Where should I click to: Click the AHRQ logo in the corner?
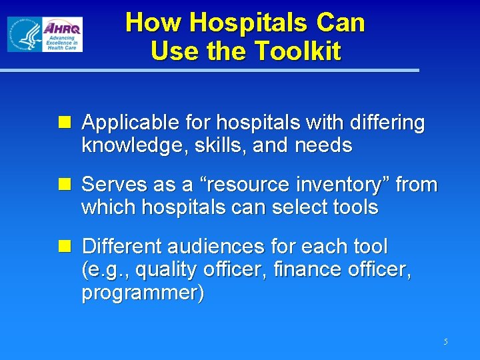(x=45, y=35)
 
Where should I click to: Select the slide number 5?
(x=445, y=342)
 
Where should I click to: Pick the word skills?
(x=215, y=145)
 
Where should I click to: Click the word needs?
(x=322, y=145)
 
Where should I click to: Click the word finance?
(x=320, y=270)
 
